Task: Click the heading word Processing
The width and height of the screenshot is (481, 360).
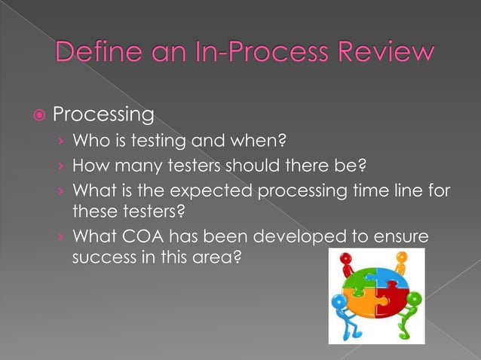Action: click(x=103, y=116)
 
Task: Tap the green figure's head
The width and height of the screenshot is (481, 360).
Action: click(x=414, y=300)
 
